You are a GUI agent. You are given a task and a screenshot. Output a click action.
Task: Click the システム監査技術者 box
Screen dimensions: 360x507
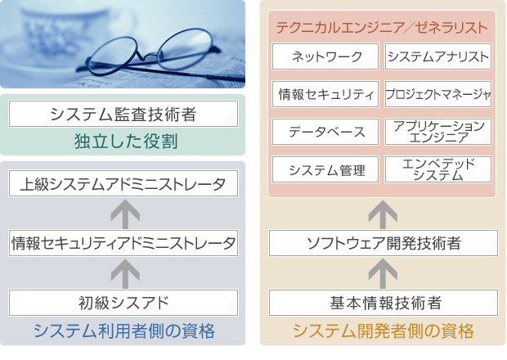123,114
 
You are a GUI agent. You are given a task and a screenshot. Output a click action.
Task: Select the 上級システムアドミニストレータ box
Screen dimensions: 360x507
123,184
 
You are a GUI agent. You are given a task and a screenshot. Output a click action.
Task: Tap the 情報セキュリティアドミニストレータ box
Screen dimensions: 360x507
123,243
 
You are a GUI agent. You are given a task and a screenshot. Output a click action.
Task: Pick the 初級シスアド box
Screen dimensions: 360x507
123,303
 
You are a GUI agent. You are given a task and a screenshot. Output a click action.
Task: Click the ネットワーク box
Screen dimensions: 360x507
325,56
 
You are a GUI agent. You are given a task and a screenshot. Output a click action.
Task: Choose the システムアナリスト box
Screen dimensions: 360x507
437,56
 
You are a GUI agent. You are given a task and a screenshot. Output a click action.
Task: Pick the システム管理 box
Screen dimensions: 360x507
325,169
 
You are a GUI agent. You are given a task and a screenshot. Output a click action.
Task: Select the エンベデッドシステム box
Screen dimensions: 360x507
437,169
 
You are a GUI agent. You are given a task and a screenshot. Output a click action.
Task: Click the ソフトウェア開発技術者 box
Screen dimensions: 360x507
383,243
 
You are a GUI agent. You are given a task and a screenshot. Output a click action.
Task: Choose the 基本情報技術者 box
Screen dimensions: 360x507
383,303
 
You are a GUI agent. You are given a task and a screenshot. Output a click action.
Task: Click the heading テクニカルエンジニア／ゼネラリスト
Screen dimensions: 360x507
382,27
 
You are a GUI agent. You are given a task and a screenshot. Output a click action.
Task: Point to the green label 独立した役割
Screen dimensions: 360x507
123,142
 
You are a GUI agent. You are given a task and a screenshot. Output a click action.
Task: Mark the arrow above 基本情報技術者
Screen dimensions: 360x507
382,272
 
